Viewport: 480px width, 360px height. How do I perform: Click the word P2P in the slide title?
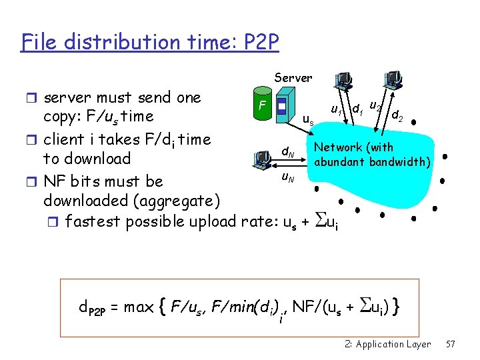click(x=256, y=43)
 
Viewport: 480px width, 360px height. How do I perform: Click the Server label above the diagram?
click(x=293, y=78)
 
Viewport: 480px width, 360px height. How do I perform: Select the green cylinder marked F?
click(x=265, y=107)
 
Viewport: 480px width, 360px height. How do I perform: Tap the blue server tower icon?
click(x=282, y=107)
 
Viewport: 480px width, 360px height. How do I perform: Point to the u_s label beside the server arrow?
click(x=309, y=121)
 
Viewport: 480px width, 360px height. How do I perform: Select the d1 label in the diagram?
click(x=357, y=107)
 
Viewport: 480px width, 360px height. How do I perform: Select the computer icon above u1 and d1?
click(x=345, y=81)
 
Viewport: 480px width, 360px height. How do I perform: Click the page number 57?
click(x=450, y=344)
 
